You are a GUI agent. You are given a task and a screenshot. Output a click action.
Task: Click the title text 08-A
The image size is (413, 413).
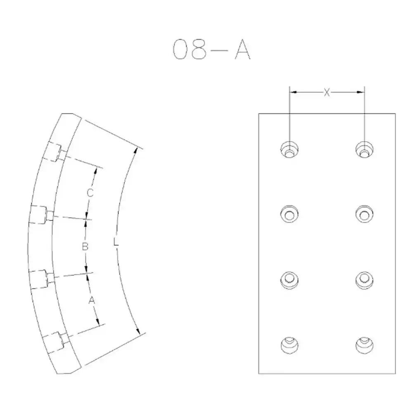point(211,49)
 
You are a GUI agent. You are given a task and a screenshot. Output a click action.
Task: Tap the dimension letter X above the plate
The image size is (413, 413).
point(327,93)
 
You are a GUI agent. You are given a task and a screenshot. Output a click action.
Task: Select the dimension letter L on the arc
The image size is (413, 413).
point(116,242)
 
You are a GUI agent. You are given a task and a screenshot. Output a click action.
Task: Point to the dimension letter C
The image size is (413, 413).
point(90,192)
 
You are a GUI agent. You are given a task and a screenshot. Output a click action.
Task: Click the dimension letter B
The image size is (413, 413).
point(85,247)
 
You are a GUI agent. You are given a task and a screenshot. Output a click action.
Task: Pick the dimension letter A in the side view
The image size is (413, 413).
point(91,300)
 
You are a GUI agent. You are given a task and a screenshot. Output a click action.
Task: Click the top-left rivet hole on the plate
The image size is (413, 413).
point(290,150)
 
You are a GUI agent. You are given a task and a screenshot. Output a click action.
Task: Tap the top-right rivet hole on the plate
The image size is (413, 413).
point(364,150)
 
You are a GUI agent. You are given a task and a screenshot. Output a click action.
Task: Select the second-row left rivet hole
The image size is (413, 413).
point(290,214)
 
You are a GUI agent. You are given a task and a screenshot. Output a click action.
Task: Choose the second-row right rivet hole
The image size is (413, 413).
point(364,214)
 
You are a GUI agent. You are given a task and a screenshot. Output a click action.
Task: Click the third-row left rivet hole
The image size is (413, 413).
point(290,280)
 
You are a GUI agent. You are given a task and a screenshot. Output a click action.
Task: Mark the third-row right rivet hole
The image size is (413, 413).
point(364,280)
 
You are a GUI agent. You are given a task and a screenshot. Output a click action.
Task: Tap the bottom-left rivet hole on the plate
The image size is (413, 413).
point(290,345)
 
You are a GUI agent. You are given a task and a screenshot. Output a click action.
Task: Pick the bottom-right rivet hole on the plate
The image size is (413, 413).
point(364,345)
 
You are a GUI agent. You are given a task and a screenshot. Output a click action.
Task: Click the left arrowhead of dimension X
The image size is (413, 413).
point(293,92)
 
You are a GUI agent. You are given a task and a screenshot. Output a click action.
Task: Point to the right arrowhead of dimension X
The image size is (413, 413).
point(361,92)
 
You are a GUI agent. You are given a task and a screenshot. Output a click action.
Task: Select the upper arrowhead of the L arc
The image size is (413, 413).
point(135,151)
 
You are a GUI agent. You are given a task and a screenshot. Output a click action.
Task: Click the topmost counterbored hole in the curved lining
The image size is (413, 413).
point(55,152)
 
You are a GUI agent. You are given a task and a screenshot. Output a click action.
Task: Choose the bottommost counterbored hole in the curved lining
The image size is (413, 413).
point(56,342)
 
